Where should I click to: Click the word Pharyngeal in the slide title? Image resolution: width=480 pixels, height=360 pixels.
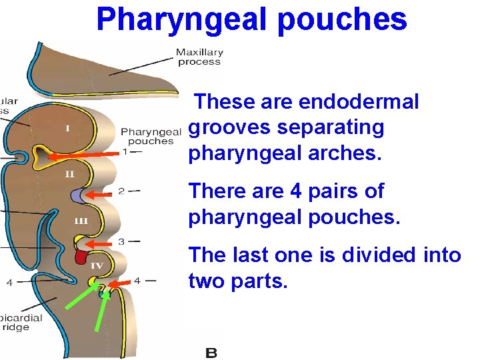tap(181, 20)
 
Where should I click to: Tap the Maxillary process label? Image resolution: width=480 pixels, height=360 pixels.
tap(199, 57)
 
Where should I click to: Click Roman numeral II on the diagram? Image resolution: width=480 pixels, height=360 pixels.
tap(69, 175)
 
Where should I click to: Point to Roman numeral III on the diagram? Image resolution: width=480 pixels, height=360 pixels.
tap(80, 219)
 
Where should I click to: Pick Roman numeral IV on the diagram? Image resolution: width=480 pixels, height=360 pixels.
tap(97, 265)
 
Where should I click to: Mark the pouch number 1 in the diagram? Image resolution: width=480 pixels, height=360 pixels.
tap(125, 152)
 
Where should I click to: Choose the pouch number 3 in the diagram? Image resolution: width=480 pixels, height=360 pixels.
tap(121, 241)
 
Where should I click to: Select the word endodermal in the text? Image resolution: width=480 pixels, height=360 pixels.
tap(359, 102)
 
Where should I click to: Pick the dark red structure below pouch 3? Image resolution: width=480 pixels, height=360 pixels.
tap(81, 257)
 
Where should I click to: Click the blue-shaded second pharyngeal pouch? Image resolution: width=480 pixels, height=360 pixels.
tap(79, 195)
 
